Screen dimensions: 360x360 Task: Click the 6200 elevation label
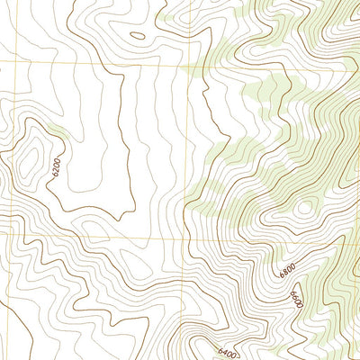pyautogui.click(x=56, y=166)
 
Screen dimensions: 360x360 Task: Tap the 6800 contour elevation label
pyautogui.click(x=287, y=269)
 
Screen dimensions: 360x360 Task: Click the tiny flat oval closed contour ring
pyautogui.click(x=137, y=37)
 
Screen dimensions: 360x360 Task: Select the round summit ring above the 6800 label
pyautogui.click(x=304, y=208)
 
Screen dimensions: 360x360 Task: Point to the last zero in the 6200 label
pyautogui.click(x=56, y=158)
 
